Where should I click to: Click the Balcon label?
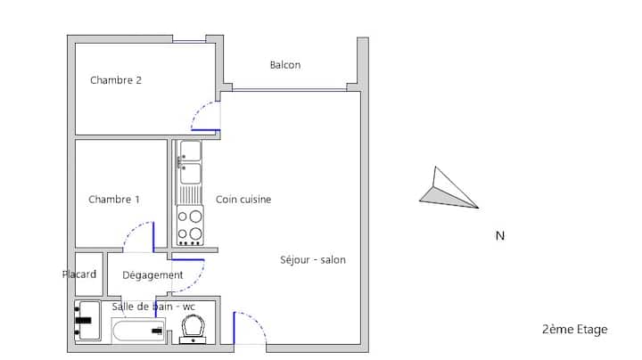285,65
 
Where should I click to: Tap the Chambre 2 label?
116,80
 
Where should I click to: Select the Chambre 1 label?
114,200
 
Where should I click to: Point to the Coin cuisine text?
243,200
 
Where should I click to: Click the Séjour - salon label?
313,260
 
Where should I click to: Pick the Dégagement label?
152,275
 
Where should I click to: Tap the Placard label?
79,274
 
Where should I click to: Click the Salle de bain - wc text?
153,307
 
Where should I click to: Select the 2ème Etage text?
574,330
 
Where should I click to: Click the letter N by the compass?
500,236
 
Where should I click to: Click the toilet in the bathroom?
193,329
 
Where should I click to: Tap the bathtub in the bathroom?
138,331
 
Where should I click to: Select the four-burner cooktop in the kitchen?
190,225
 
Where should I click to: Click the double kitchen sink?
190,162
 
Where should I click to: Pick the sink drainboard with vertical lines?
189,195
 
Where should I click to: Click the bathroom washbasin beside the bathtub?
87,321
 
